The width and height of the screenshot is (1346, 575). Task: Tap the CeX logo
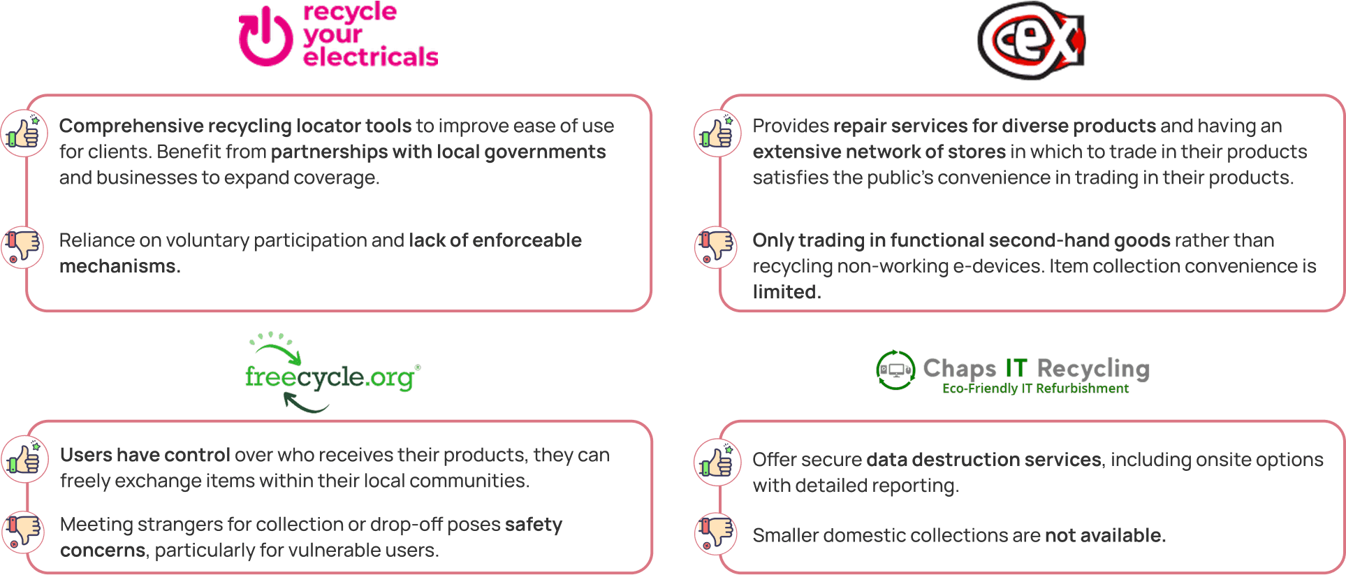[x=1031, y=40]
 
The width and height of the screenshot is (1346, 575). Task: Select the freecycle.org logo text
[x=330, y=377]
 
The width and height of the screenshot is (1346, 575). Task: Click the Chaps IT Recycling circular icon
[x=895, y=370]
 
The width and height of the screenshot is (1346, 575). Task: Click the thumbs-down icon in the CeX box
[x=716, y=247]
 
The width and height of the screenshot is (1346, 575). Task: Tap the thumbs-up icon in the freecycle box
[x=24, y=460]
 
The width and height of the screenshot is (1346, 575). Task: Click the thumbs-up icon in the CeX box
[x=717, y=133]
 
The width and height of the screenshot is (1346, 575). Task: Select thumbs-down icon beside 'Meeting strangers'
[x=24, y=532]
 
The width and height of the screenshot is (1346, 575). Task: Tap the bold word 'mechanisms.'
[x=120, y=266]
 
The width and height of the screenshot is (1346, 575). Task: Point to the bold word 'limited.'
[x=787, y=292]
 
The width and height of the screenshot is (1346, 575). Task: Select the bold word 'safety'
[x=534, y=525]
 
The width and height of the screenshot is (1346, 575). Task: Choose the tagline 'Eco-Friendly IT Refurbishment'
[x=1035, y=388]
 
